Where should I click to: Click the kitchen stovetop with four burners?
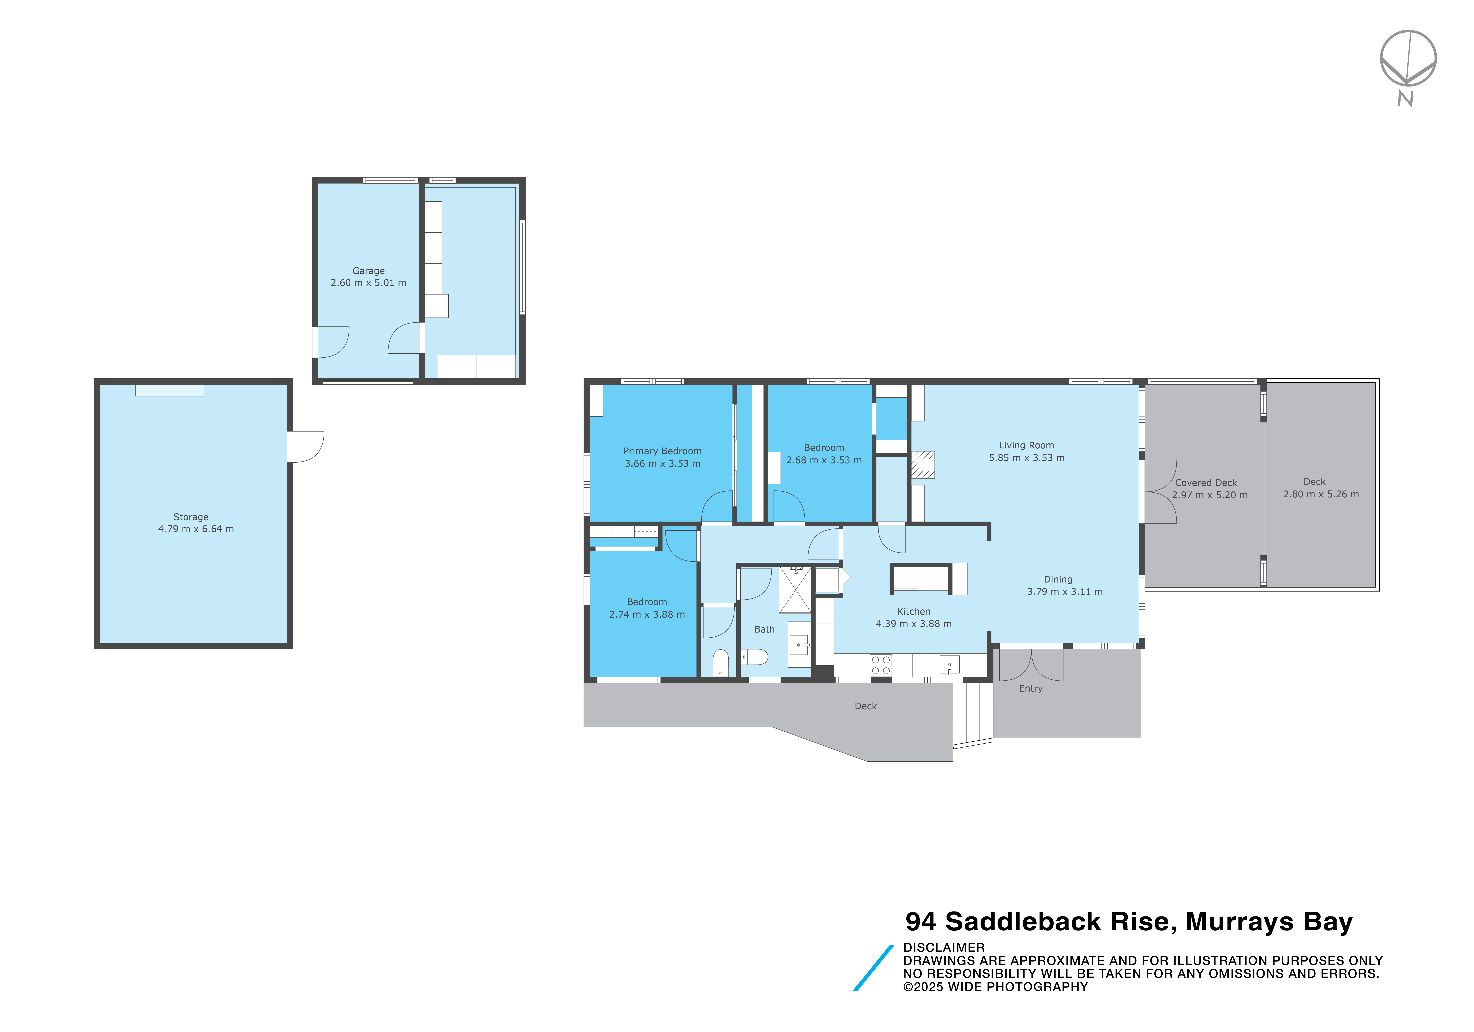(881, 665)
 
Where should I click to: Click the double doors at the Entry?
(1031, 665)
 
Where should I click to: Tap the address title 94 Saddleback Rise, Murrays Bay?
(1129, 922)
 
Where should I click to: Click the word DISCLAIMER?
(944, 947)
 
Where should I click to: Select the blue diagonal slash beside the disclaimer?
(873, 968)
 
